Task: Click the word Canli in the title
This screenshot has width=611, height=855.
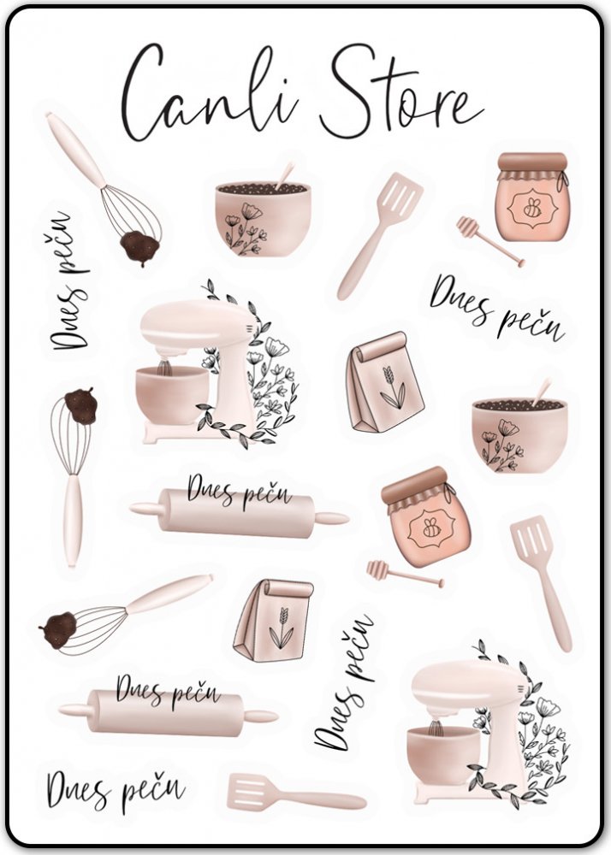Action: (x=210, y=92)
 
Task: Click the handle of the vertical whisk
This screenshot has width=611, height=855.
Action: (x=72, y=520)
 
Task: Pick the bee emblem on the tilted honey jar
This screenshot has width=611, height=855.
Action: (x=432, y=528)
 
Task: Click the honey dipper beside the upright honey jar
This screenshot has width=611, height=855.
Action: (x=489, y=240)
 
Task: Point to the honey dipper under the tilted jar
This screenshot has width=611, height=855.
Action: (x=405, y=574)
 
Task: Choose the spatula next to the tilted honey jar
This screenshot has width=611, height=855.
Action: (x=541, y=582)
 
